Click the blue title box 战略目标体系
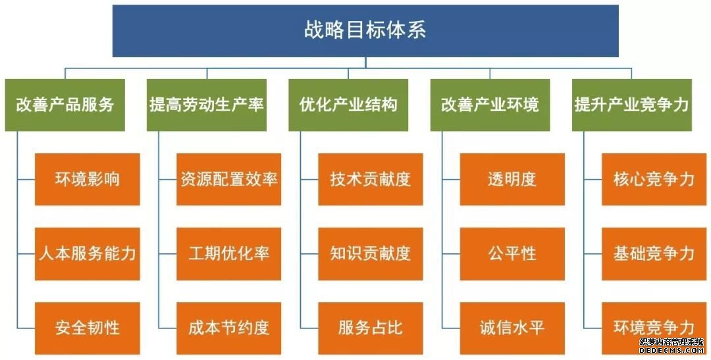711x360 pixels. click(x=365, y=31)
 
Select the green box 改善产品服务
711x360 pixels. click(x=65, y=105)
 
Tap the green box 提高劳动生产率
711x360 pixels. click(x=207, y=105)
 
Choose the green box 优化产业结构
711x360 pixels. click(x=348, y=105)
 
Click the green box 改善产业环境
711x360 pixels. click(x=490, y=105)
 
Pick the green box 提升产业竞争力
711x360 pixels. click(x=631, y=105)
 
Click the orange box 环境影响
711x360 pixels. click(x=88, y=179)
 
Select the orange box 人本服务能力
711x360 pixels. click(x=88, y=254)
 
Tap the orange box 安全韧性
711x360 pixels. click(x=88, y=328)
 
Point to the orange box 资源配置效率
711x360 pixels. click(x=229, y=179)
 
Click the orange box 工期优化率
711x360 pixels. click(x=229, y=254)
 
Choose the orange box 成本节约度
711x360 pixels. click(x=229, y=328)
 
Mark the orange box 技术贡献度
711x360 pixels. click(x=371, y=179)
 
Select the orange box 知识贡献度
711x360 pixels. click(x=371, y=254)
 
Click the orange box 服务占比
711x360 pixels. click(x=371, y=328)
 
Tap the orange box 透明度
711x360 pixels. click(x=512, y=179)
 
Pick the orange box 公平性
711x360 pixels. click(x=512, y=254)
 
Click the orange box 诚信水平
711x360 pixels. click(x=512, y=328)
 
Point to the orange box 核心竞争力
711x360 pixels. click(x=654, y=179)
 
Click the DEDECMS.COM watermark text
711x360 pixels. click(x=671, y=351)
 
